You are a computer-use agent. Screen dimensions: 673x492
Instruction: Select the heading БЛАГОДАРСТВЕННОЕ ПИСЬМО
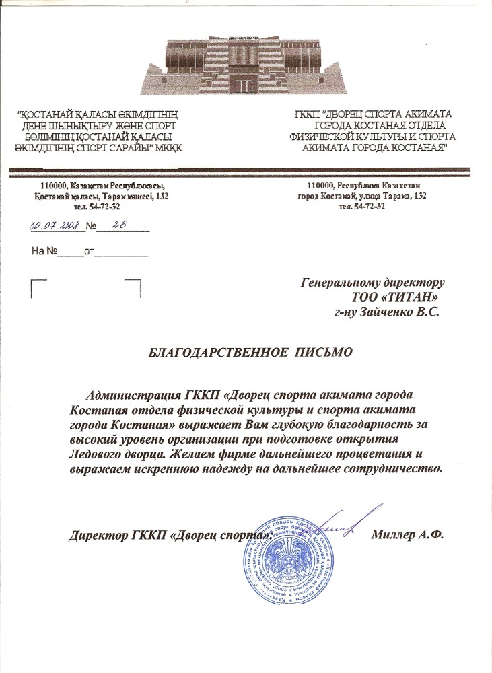click(x=250, y=352)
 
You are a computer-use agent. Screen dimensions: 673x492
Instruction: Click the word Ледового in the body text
click(x=101, y=454)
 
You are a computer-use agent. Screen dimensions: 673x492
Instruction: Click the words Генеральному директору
click(x=373, y=282)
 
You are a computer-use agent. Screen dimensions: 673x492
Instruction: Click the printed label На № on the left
click(x=44, y=251)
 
